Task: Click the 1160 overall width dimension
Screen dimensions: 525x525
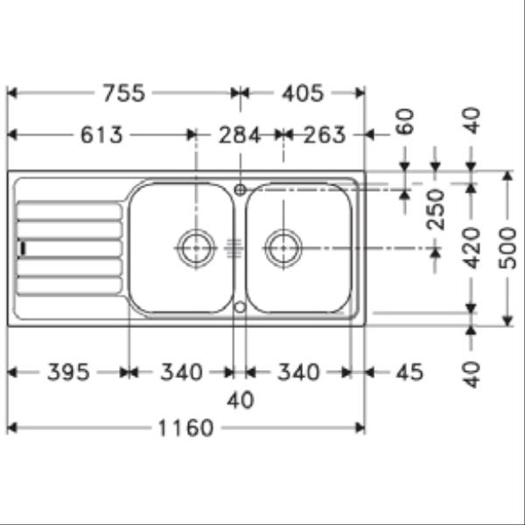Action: [x=185, y=428]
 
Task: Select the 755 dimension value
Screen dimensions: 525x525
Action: [x=124, y=93]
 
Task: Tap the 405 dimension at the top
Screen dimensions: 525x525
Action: [x=301, y=93]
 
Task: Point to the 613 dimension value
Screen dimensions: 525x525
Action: [x=101, y=135]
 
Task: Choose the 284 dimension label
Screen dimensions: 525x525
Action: [x=240, y=135]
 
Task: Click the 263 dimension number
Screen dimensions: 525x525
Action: [x=325, y=135]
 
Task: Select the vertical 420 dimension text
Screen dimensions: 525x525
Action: [x=472, y=248]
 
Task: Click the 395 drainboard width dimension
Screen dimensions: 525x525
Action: [x=67, y=373]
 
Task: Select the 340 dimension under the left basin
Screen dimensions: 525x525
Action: [x=180, y=373]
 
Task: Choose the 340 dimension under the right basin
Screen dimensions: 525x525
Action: [x=298, y=373]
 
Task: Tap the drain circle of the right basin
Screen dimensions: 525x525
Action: [x=283, y=248]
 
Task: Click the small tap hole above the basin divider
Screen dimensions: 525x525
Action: [x=239, y=188]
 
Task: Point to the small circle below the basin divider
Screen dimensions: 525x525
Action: [x=239, y=307]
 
